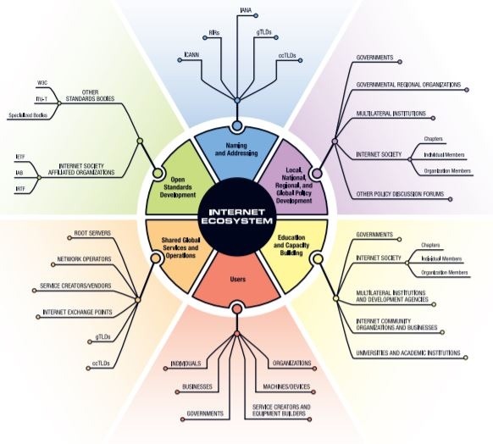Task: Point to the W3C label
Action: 42,82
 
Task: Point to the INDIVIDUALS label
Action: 186,364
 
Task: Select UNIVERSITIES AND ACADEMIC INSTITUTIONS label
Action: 408,352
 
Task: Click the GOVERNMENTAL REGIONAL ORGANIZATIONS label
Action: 408,85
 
